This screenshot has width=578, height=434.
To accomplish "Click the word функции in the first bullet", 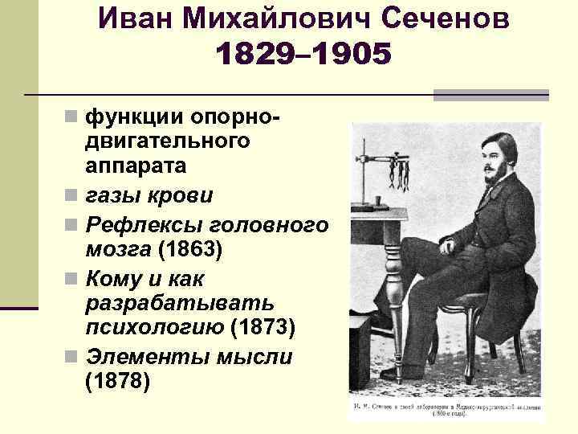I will point(133,117).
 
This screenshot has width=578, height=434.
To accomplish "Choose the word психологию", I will point(153,328).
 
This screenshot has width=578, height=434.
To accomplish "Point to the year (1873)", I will point(263,328).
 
